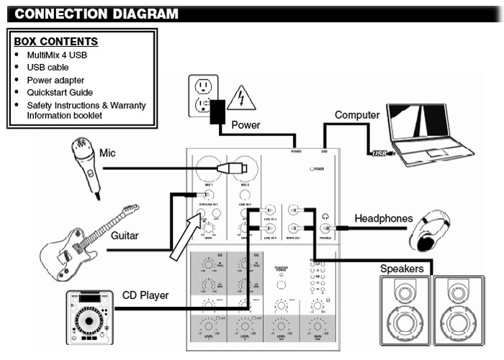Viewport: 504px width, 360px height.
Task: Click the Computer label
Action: click(x=357, y=114)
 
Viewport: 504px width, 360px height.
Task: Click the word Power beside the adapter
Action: click(x=246, y=125)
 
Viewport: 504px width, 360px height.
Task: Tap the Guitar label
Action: click(x=127, y=235)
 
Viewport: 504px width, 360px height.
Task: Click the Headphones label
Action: click(x=384, y=219)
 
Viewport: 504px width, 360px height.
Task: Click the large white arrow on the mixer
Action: click(x=186, y=229)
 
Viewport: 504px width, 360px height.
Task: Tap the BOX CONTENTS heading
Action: click(x=56, y=42)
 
